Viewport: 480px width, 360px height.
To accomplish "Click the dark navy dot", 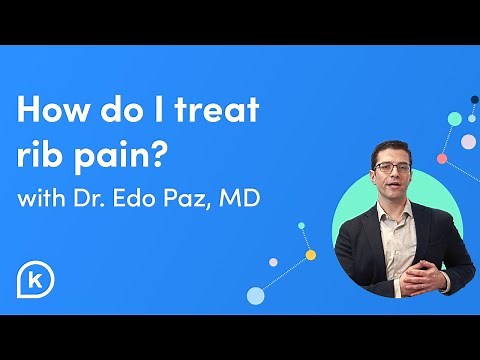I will pos(474,101).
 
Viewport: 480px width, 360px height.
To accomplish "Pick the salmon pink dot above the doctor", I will pos(442,158).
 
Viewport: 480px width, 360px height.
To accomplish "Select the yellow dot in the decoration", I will pos(311,254).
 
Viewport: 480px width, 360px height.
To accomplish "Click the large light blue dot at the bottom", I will pos(255,295).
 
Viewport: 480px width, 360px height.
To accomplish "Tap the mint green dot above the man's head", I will pos(455,119).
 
